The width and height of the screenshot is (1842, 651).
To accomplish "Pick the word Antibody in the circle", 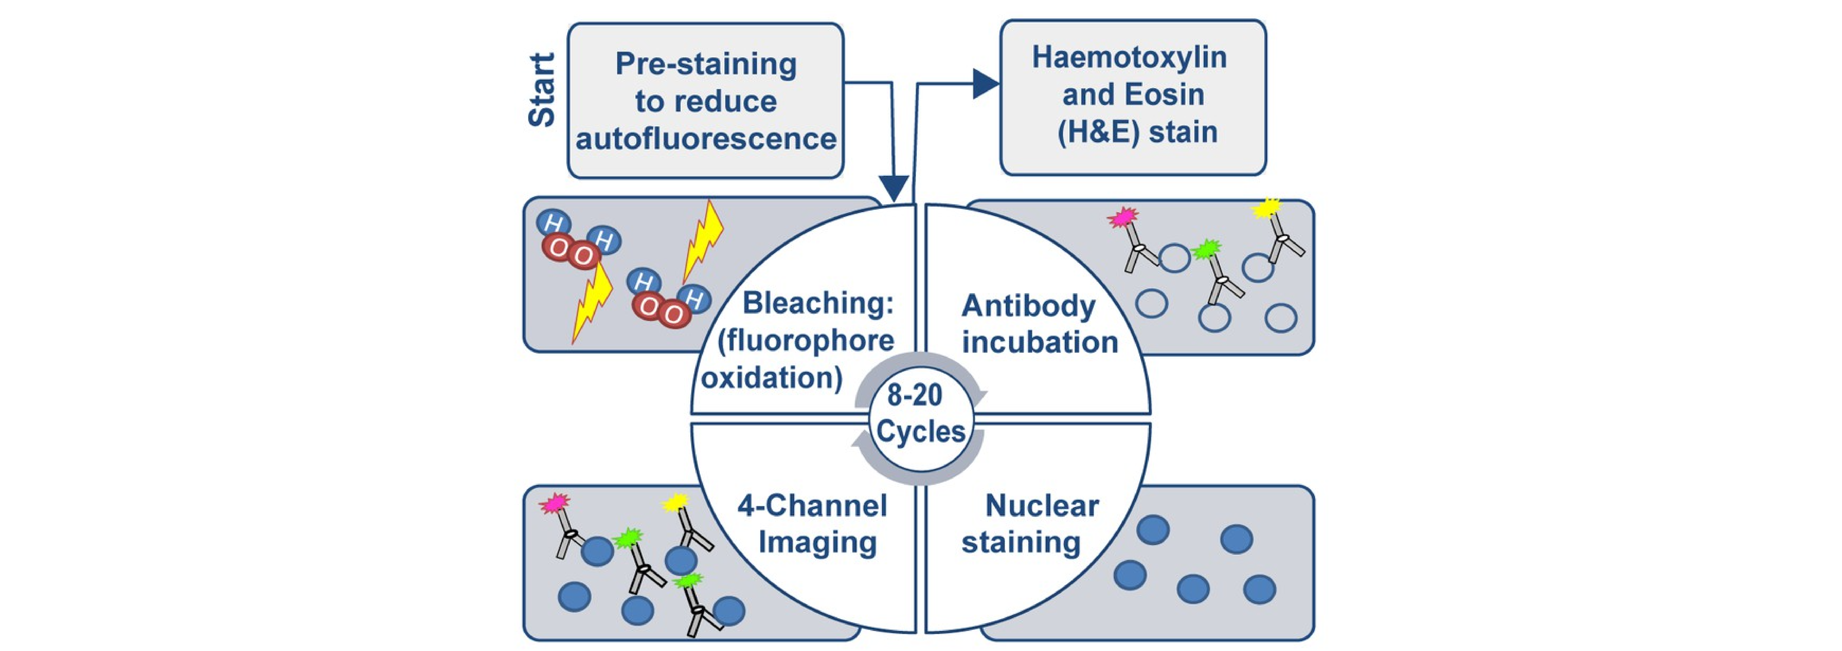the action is pos(1028,306).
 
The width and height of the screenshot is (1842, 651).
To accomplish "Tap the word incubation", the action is pos(1040,342).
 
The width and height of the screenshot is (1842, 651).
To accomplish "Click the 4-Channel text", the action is pos(812,506).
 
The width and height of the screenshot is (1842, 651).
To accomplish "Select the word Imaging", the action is pos(817,542).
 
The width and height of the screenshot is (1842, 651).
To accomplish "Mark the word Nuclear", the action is pos(1042,506).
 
